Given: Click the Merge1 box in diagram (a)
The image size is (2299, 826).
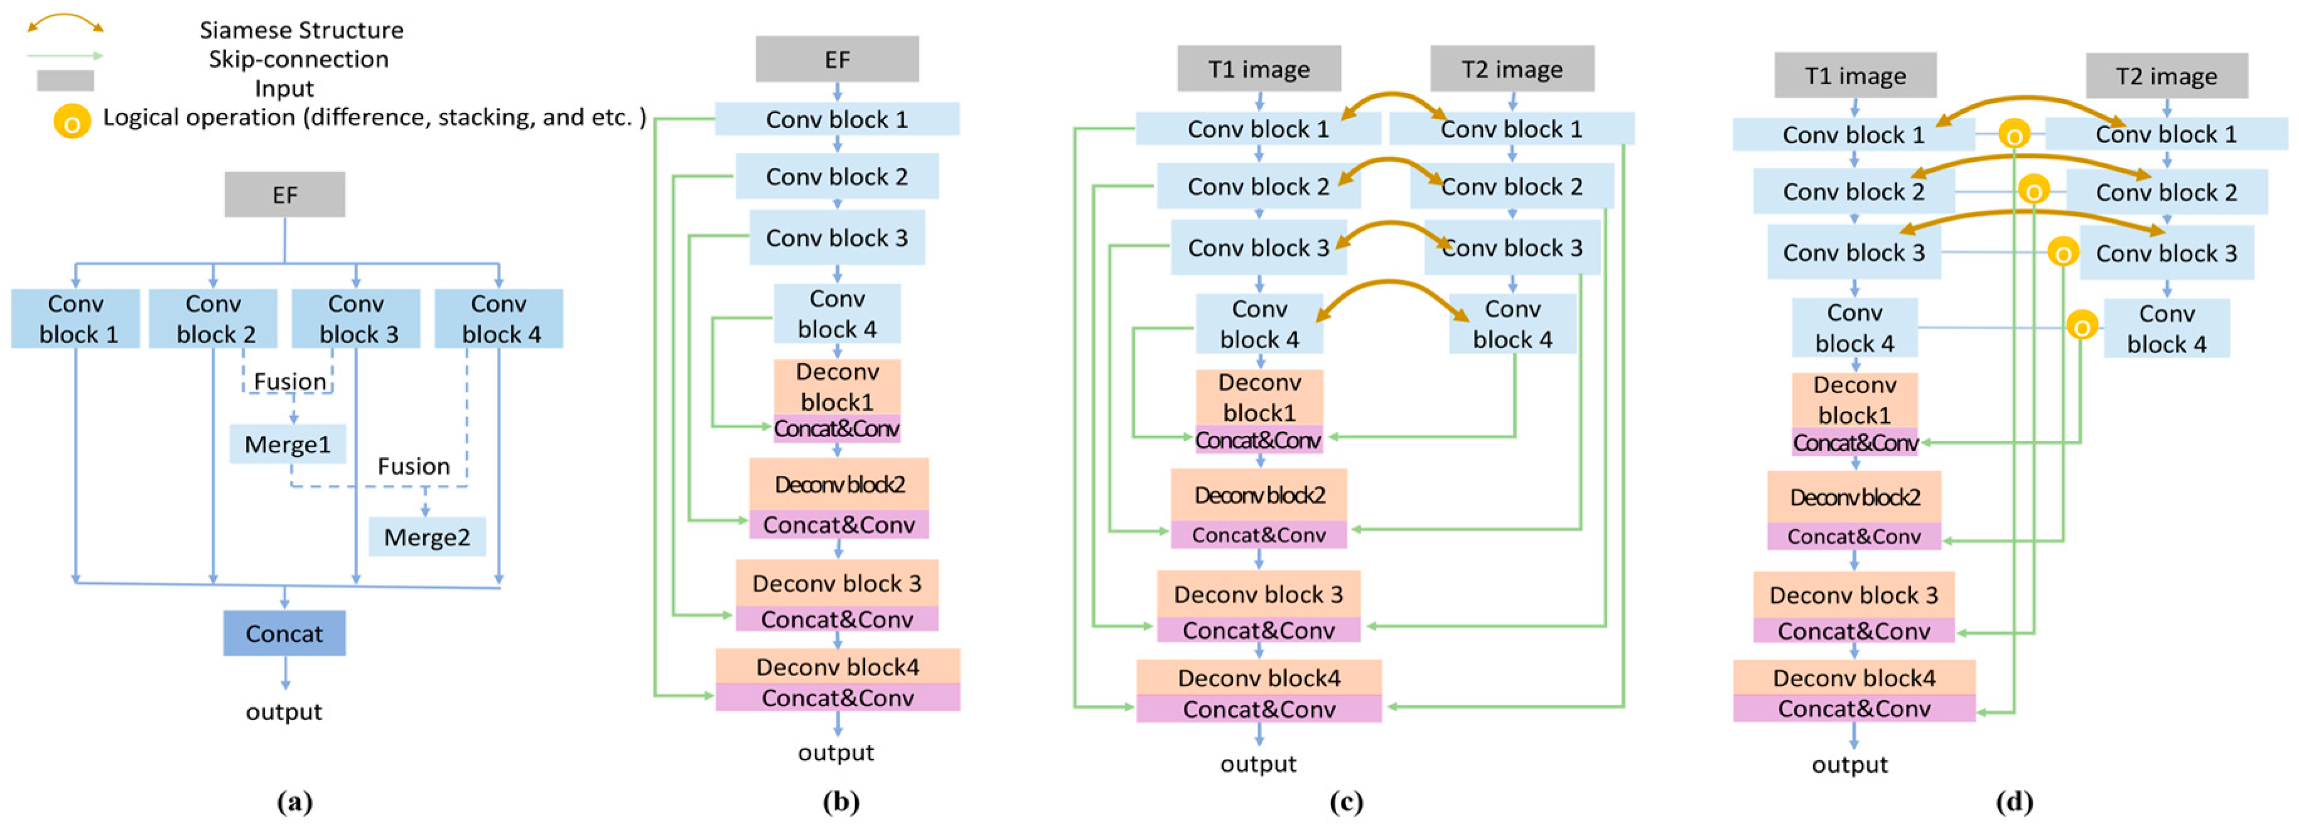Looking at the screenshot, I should click(x=288, y=443).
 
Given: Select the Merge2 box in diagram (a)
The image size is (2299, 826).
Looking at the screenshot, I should click(x=427, y=537).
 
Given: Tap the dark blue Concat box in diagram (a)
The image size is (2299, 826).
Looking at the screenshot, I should click(x=284, y=633).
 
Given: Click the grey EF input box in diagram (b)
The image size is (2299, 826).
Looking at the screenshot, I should click(x=836, y=60).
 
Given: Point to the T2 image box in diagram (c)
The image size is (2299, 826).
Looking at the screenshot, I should click(x=1512, y=70).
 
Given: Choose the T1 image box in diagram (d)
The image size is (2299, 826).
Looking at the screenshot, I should click(x=1855, y=76).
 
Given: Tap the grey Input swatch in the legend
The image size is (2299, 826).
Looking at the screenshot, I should click(x=65, y=81).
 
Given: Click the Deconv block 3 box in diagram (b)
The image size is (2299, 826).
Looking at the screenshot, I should click(x=836, y=583).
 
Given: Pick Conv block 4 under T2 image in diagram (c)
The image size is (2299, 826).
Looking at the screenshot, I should click(x=1512, y=324).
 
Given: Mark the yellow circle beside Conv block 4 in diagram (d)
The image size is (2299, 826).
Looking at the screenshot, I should click(x=2081, y=327).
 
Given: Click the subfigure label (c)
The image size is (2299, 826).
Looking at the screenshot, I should click(x=1346, y=802).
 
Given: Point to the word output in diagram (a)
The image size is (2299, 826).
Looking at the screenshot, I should click(x=284, y=712).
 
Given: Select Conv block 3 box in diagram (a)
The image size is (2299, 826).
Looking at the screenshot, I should click(x=356, y=319).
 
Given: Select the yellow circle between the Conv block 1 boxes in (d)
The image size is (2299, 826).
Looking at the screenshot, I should click(x=2013, y=135).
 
